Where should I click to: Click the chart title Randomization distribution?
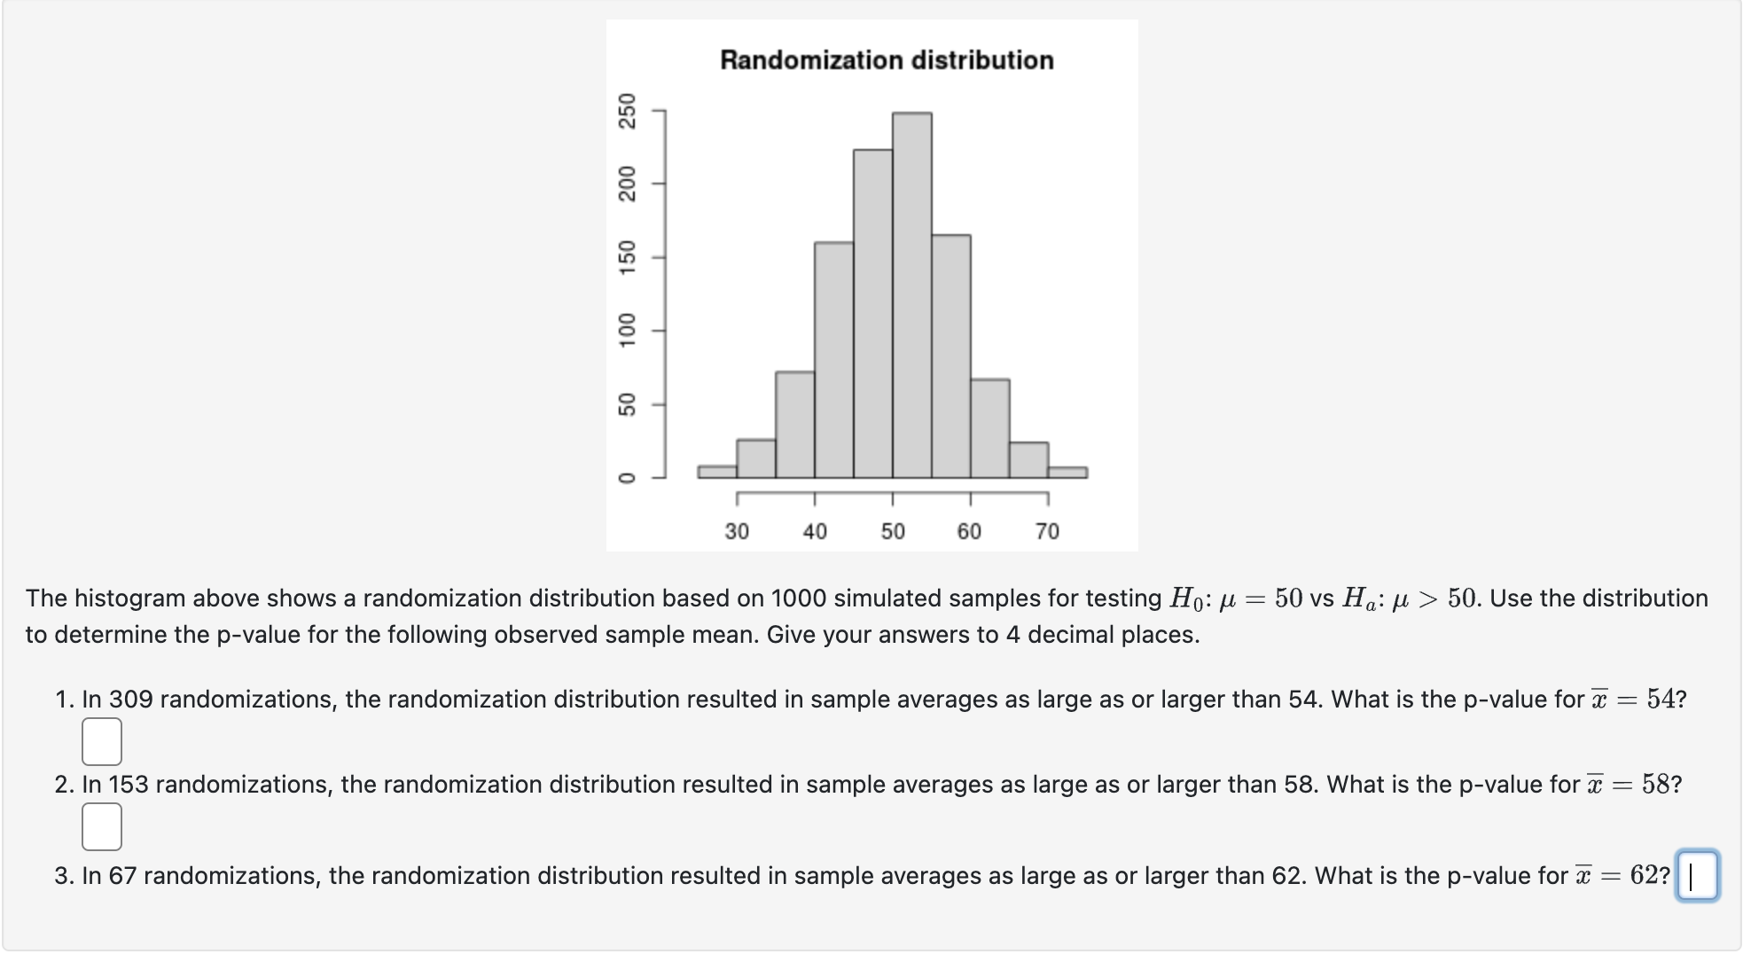(887, 60)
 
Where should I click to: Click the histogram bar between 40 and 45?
(833, 360)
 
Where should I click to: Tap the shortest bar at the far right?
(1067, 473)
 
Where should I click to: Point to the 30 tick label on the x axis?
(737, 531)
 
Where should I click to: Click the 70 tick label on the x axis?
(1047, 531)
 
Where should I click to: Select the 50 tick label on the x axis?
(893, 531)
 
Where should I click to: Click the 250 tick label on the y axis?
(628, 111)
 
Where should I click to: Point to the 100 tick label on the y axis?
(628, 331)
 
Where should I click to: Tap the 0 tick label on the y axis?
(628, 478)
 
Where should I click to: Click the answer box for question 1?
(102, 741)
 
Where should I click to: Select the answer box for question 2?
(102, 826)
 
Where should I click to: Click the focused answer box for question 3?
(1697, 876)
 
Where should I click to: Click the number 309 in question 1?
(131, 700)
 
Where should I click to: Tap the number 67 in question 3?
(122, 876)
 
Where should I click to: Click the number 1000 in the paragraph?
(798, 598)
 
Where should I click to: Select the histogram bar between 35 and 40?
(794, 425)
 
